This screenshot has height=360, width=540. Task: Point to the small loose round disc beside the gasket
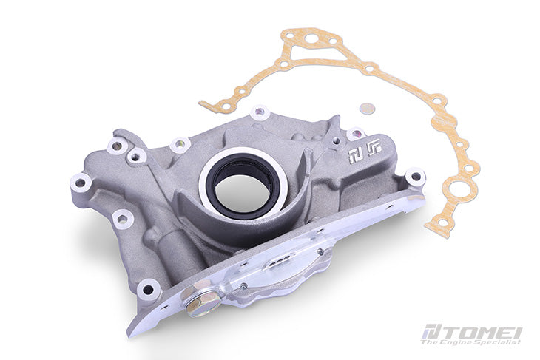pos(366,108)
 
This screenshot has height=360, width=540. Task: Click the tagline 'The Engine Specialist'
pos(470,342)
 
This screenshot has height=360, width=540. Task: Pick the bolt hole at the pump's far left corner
pos(81,180)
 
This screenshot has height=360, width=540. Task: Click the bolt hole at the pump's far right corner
pos(415,177)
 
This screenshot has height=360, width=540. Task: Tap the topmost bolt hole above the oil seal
pos(259,114)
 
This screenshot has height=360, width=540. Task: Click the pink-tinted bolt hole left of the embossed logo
pos(356,135)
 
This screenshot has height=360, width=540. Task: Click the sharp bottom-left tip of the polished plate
pos(134,332)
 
